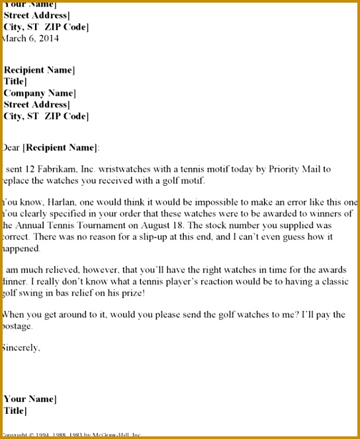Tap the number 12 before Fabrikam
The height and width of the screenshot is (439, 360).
tap(32, 169)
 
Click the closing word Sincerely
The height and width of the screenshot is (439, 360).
tap(21, 347)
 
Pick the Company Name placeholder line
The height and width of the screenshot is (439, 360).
tap(39, 93)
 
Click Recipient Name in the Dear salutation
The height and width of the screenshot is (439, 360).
tap(61, 147)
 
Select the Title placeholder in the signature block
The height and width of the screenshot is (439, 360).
tap(15, 411)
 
